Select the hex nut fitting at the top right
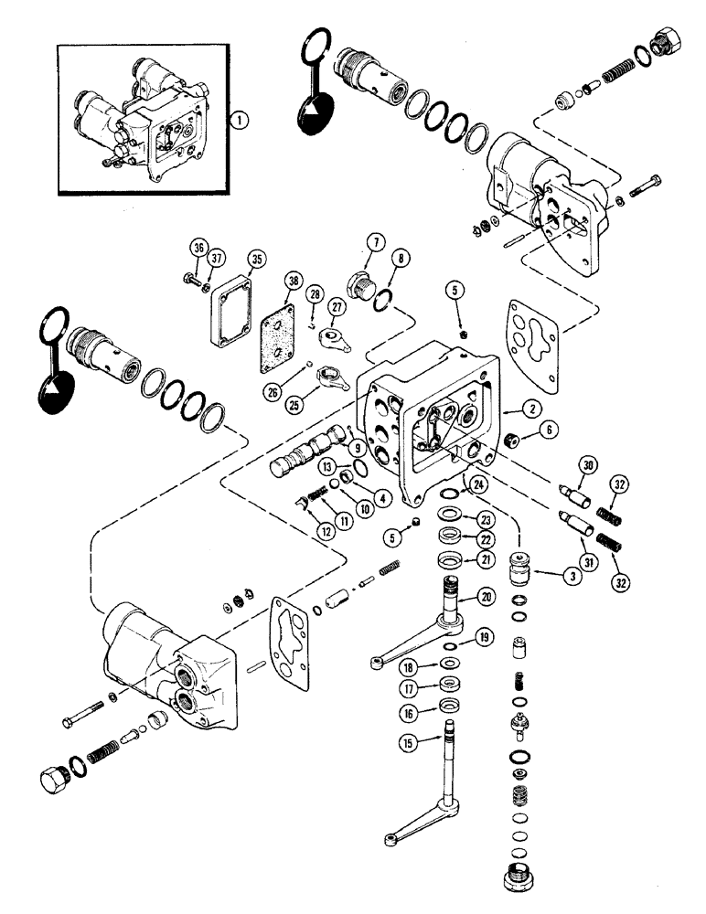coord(662,44)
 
